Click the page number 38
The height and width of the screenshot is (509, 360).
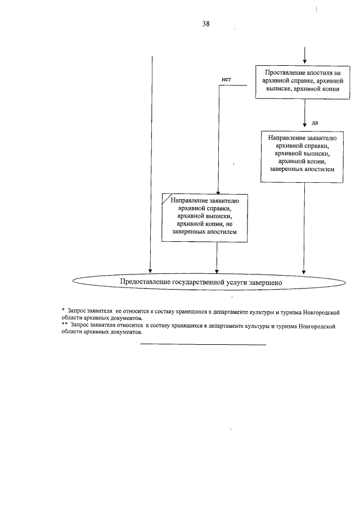tap(206, 24)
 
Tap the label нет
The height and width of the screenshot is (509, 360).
tap(227, 79)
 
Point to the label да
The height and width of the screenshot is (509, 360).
tap(315, 121)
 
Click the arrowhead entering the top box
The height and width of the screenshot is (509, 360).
tap(304, 61)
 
